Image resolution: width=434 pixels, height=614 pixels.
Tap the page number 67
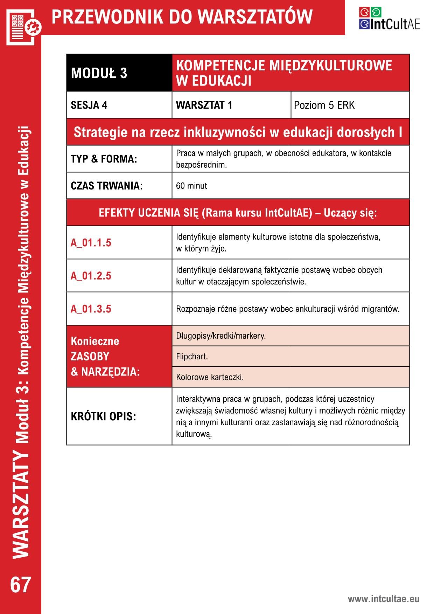21,585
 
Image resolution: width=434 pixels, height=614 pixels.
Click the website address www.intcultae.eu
383,599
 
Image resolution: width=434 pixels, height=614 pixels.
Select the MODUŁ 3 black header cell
119,73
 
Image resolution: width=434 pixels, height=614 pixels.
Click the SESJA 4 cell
119,105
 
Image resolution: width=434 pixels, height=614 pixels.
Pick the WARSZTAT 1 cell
231,105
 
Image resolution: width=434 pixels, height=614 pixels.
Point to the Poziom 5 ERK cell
350,105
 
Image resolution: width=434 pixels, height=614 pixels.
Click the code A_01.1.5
91,243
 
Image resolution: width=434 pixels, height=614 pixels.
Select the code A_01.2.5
91,276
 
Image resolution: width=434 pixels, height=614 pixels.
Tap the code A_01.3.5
91,309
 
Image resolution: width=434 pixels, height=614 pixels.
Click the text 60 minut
191,186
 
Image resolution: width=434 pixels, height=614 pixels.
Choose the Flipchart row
290,357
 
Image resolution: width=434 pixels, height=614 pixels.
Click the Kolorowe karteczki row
290,377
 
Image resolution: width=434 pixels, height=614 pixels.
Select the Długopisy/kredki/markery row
290,336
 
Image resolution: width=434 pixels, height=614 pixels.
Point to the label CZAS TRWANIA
107,186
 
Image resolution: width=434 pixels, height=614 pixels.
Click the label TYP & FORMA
104,159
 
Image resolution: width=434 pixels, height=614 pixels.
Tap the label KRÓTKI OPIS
103,416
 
